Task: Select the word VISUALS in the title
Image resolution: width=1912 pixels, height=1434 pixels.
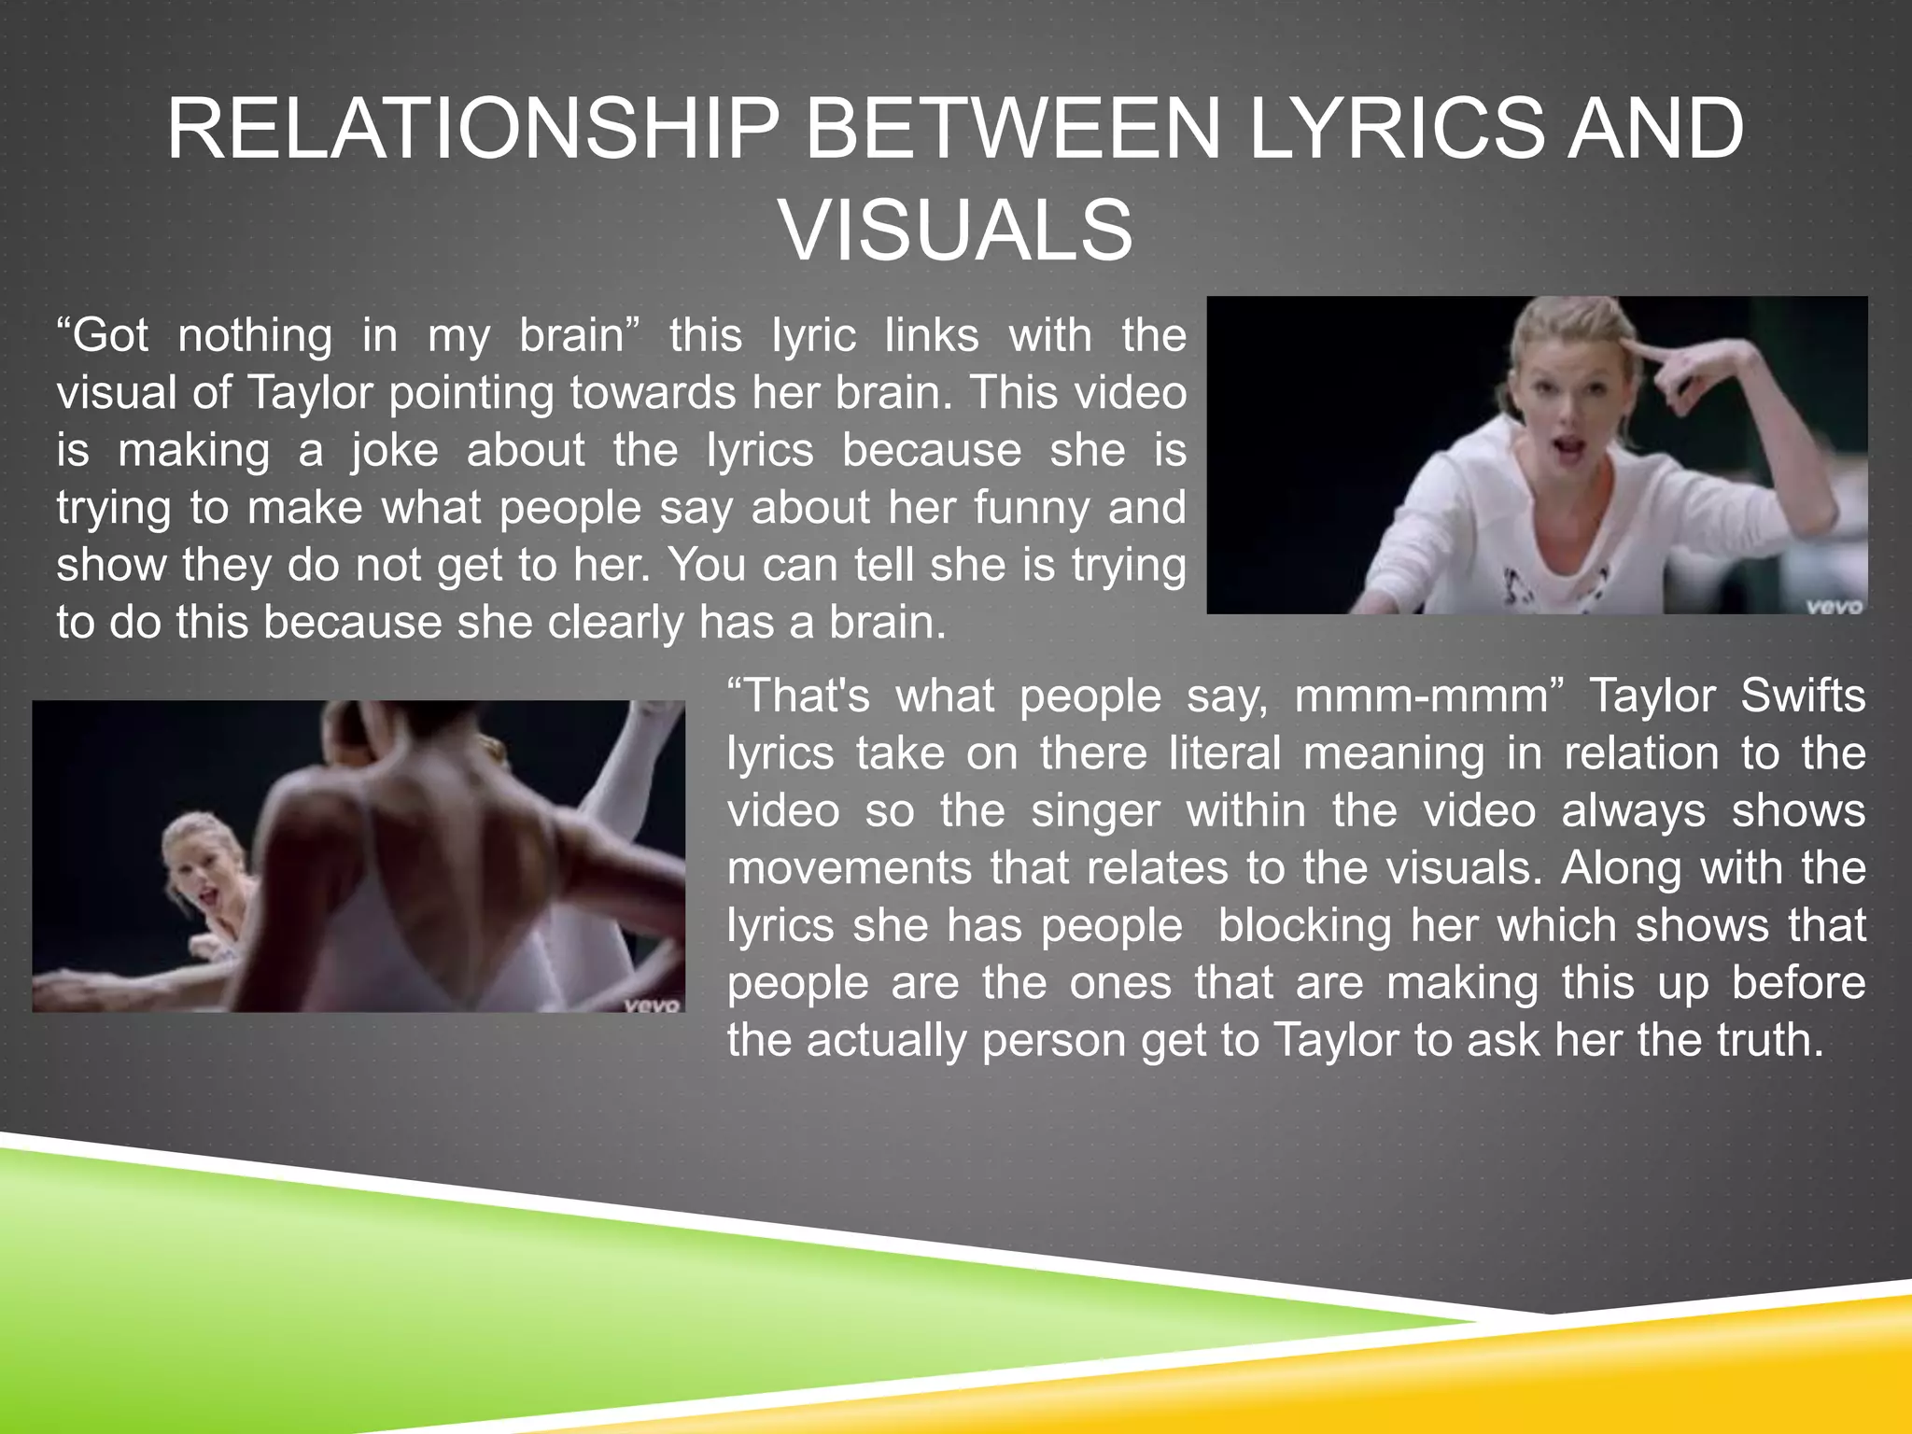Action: [x=956, y=231]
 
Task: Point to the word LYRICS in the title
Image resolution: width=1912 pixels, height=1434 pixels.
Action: [x=1396, y=129]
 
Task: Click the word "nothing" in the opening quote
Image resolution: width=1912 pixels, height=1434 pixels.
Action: [x=255, y=335]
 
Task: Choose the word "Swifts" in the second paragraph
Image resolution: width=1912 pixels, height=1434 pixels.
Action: [x=1803, y=696]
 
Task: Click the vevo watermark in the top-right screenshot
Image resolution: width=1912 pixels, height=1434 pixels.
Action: [x=1834, y=606]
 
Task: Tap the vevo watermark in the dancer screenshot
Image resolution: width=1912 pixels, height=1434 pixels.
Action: [x=653, y=1005]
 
